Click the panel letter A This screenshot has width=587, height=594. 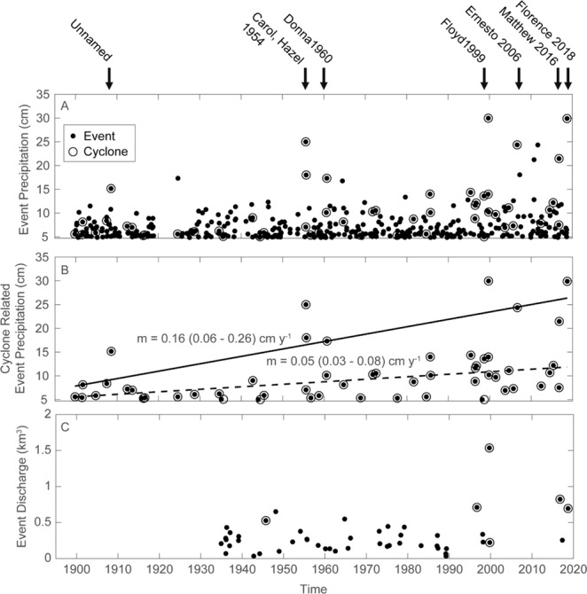(65, 106)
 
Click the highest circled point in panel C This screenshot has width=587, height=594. (489, 448)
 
